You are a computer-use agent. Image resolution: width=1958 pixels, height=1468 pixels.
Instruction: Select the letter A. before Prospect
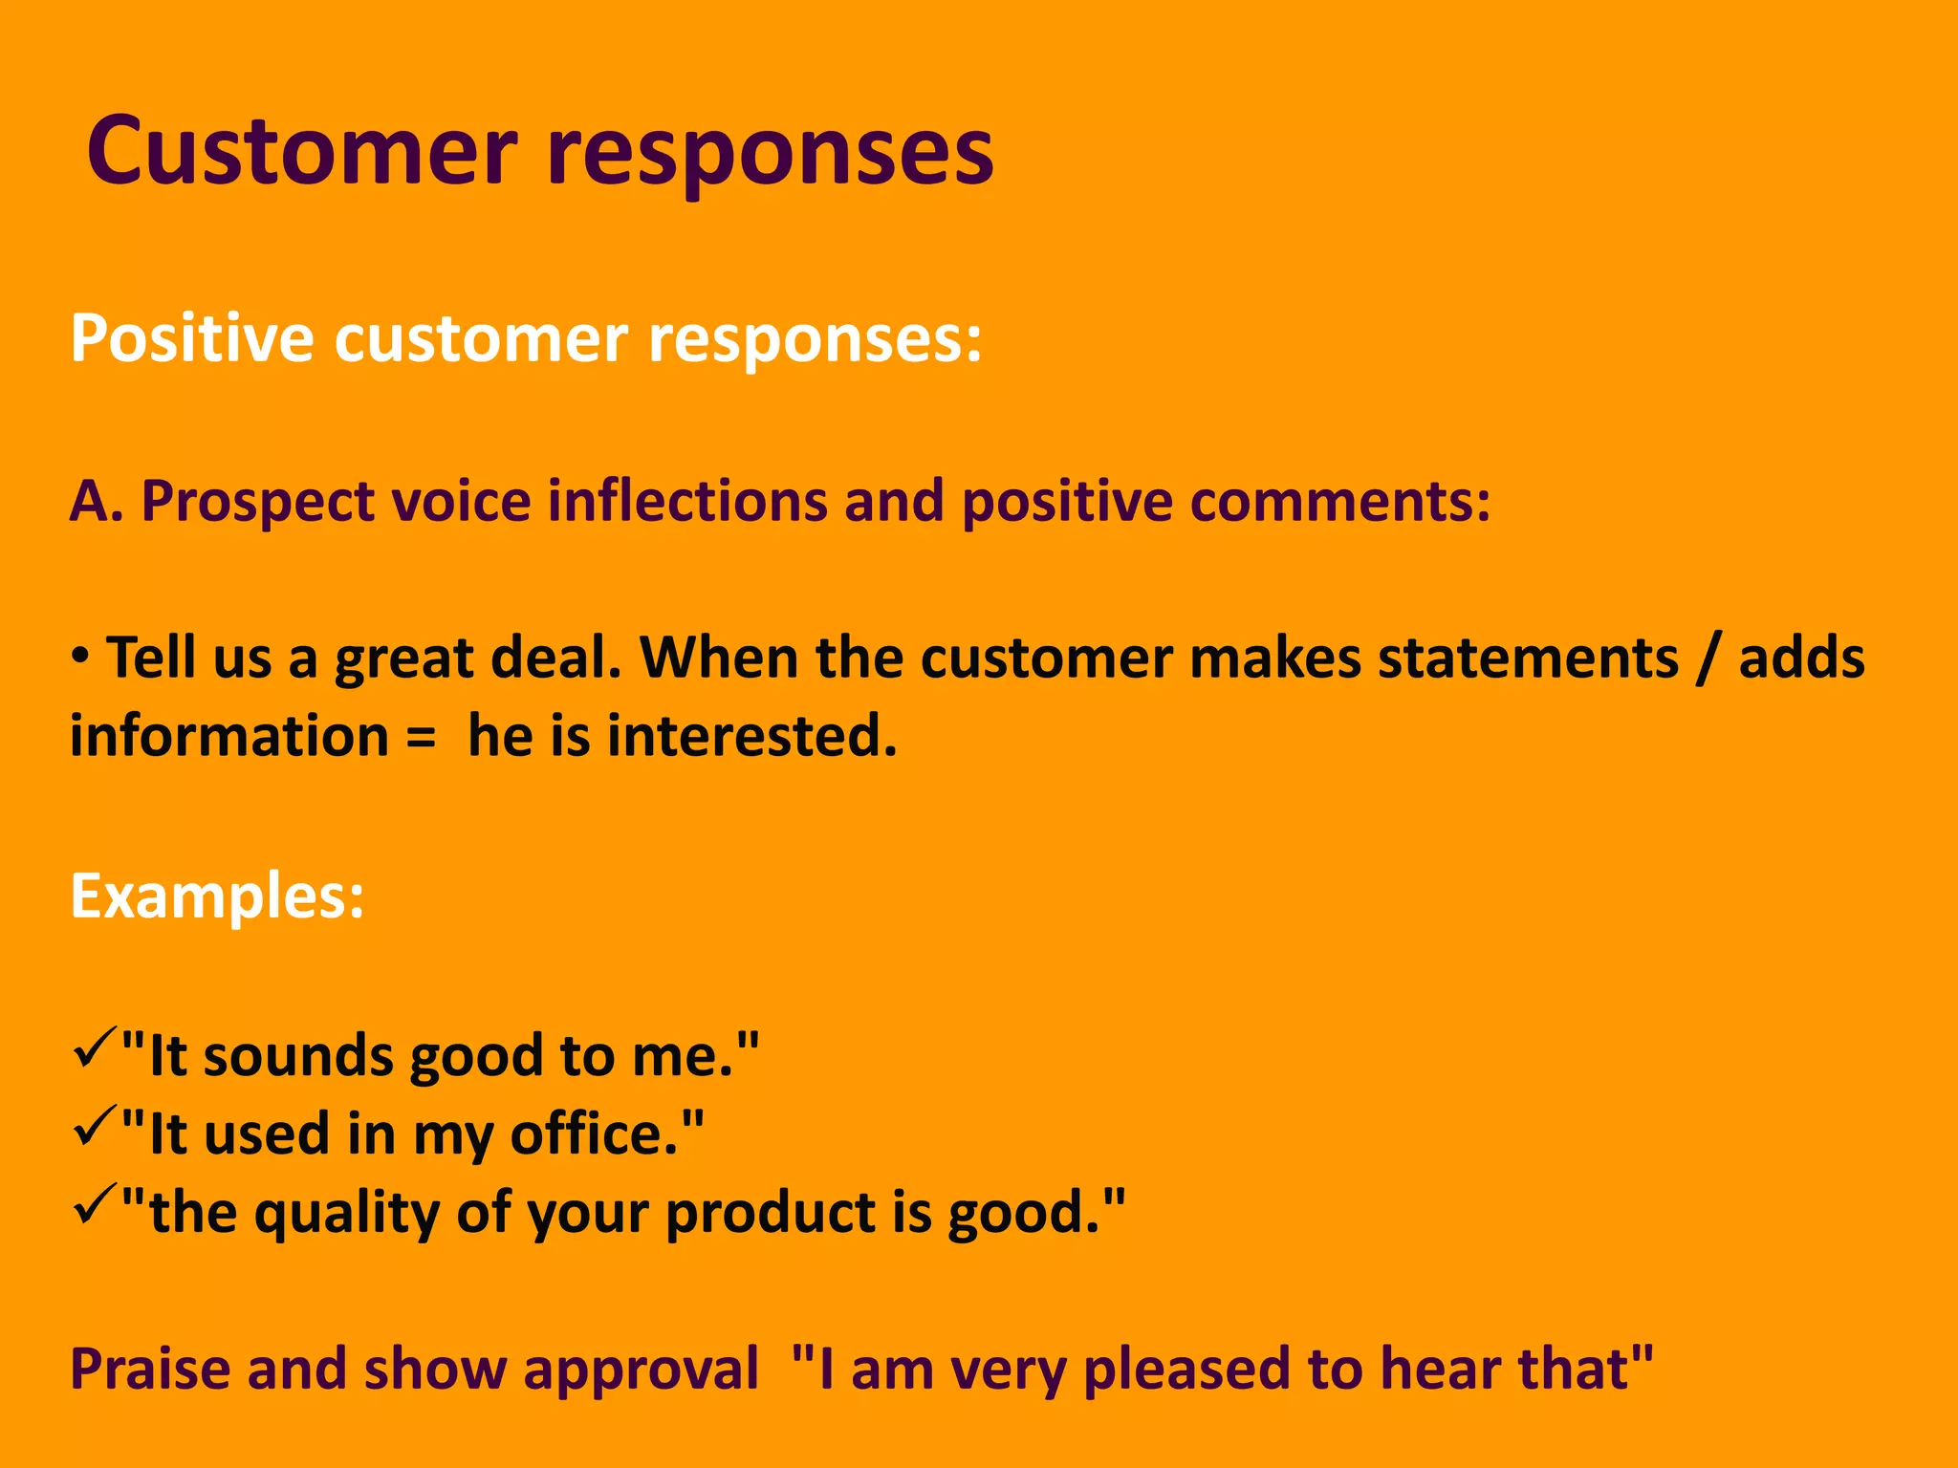(x=96, y=501)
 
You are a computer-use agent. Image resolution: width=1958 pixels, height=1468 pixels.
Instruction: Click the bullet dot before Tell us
(x=81, y=657)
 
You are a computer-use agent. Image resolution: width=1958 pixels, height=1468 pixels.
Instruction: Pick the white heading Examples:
(x=217, y=896)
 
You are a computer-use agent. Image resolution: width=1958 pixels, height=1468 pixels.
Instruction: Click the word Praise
(x=151, y=1369)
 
